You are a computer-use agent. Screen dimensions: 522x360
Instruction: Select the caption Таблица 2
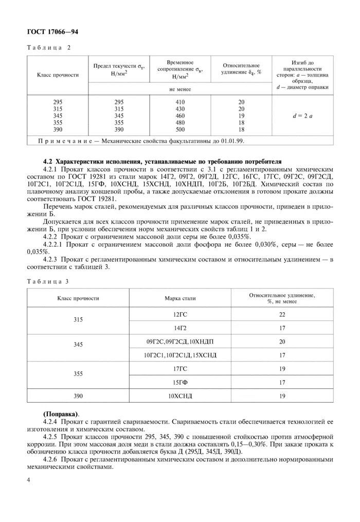coord(48,47)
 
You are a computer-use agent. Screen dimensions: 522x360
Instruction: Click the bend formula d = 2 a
coord(302,116)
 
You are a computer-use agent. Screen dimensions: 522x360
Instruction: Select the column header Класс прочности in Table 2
coord(58,75)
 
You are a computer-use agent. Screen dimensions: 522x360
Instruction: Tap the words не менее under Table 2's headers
coord(179,89)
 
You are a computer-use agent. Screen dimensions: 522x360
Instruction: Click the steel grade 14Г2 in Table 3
coord(180,327)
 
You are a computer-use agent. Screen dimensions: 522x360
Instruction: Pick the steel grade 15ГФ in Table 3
coord(180,383)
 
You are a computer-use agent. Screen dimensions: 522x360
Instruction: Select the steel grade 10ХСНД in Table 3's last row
coord(180,397)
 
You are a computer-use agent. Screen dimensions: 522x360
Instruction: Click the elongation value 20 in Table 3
coord(282,341)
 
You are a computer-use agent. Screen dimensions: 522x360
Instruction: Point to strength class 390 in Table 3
coord(78,397)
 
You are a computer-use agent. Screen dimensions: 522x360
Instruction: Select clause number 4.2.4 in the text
coord(52,421)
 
